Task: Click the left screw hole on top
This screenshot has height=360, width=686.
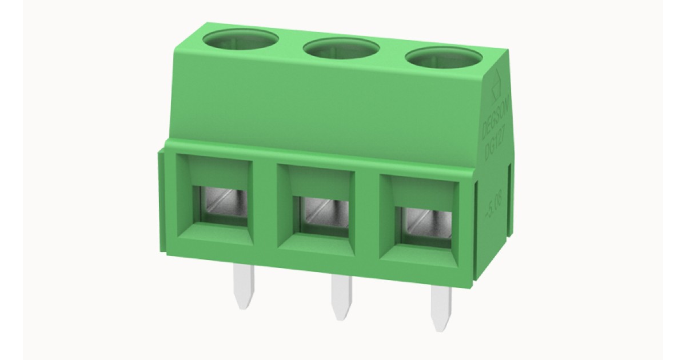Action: tap(240, 41)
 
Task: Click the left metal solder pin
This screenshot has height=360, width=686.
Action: tap(244, 289)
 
